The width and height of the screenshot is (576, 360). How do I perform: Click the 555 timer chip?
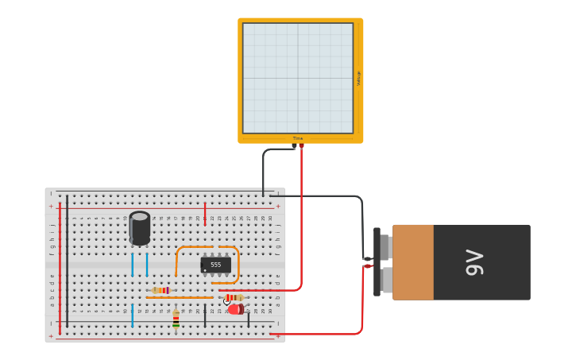[215, 265]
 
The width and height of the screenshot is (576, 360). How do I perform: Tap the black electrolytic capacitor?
[140, 228]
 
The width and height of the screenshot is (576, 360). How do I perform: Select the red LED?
[235, 309]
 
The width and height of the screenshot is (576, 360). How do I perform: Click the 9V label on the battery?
[474, 262]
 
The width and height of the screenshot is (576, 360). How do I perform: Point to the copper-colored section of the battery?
[413, 262]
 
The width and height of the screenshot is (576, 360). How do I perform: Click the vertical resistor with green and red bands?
[176, 319]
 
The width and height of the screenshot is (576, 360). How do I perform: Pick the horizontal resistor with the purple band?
[160, 290]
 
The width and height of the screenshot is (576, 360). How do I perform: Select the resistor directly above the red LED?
[234, 298]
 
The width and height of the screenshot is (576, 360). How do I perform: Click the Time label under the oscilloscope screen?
[298, 138]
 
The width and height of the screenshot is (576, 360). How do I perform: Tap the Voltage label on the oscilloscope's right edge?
[358, 78]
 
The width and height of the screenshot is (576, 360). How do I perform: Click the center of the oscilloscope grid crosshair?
[298, 78]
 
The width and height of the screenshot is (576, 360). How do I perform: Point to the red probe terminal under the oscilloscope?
[301, 145]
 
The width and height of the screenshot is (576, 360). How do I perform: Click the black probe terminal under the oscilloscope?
[294, 145]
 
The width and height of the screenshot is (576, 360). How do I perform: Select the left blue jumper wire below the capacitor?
[132, 265]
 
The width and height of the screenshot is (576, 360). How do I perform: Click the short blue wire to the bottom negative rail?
[132, 315]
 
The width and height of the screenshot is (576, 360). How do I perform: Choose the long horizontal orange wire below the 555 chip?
[180, 297]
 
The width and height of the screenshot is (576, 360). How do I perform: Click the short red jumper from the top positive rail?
[205, 215]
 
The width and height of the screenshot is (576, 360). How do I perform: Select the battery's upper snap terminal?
[385, 247]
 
